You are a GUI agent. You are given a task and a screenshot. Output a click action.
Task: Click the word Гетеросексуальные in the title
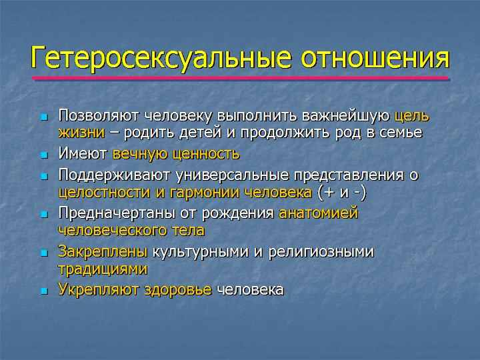pyautogui.click(x=161, y=59)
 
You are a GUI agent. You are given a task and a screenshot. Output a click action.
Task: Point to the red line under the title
pyautogui.click(x=240, y=79)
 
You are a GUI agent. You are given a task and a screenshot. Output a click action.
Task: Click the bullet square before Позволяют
pyautogui.click(x=45, y=117)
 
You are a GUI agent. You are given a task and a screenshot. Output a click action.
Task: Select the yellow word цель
pyautogui.click(x=412, y=116)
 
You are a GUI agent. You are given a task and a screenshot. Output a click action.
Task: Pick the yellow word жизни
pyautogui.click(x=81, y=133)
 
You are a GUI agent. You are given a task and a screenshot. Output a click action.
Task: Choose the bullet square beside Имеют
pyautogui.click(x=45, y=155)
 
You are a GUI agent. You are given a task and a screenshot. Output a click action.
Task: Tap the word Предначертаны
pyautogui.click(x=117, y=213)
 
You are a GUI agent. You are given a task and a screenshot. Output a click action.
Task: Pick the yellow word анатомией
pyautogui.click(x=319, y=213)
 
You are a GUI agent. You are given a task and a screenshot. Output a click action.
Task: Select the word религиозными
pyautogui.click(x=321, y=251)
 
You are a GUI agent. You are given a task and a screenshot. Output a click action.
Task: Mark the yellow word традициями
pyautogui.click(x=103, y=269)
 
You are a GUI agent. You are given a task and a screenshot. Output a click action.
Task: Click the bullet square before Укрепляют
pyautogui.click(x=45, y=291)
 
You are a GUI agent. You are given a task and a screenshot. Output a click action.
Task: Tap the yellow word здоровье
pyautogui.click(x=178, y=289)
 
